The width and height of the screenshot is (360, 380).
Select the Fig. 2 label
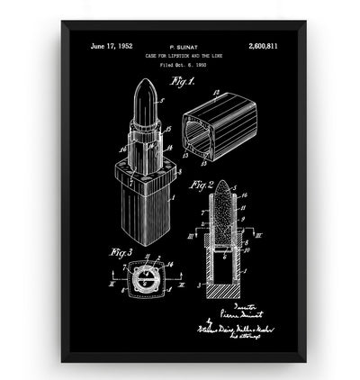click(x=202, y=186)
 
